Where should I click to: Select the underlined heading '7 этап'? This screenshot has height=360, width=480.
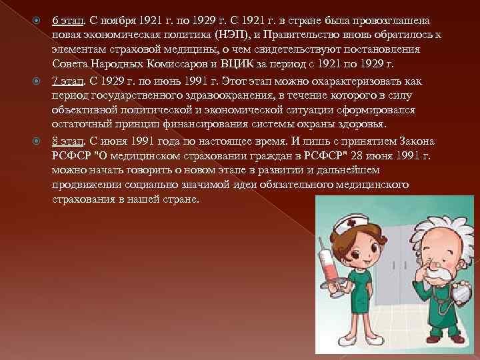click(x=67, y=81)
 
